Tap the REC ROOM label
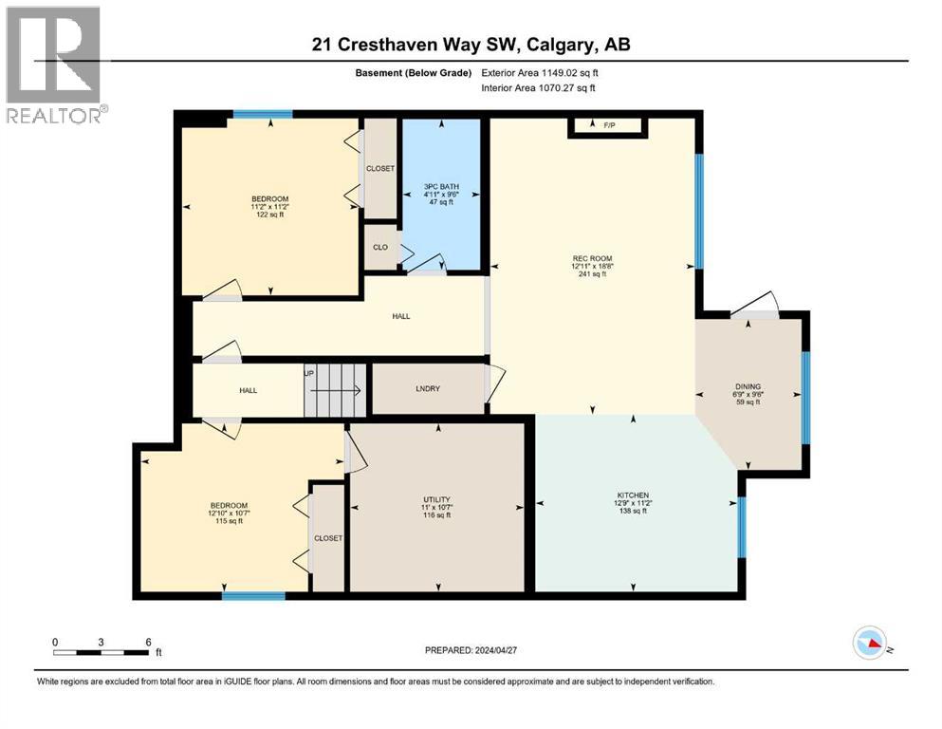(x=592, y=257)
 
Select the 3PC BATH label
(x=440, y=185)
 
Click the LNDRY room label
(x=426, y=390)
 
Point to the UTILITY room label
(x=436, y=499)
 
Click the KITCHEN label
(x=633, y=495)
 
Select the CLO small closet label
(x=379, y=247)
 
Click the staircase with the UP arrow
(x=334, y=390)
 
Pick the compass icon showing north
(x=870, y=645)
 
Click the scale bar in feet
(x=102, y=651)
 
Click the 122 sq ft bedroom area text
(x=270, y=215)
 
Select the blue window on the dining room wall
(x=805, y=398)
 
